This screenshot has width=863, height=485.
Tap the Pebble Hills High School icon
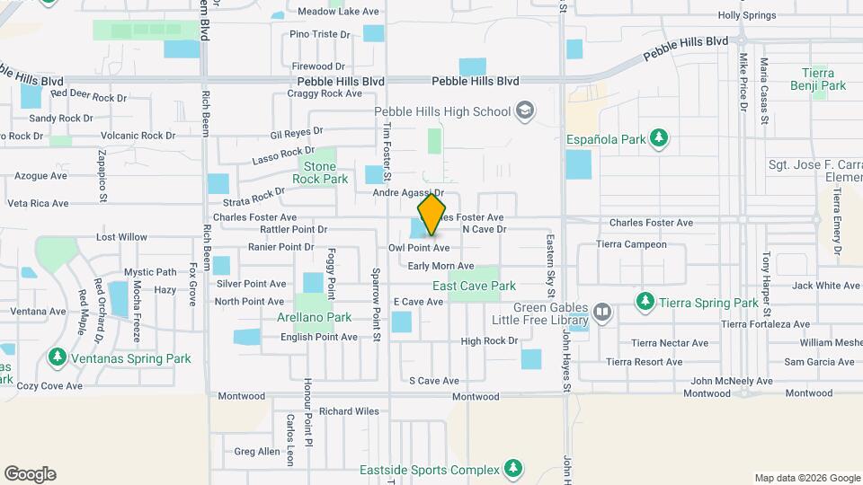click(x=524, y=111)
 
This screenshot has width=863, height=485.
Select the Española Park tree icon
click(x=660, y=138)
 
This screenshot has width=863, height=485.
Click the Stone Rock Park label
click(x=319, y=172)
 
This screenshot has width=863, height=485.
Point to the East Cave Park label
click(x=474, y=286)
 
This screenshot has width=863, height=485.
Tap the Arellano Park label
click(x=315, y=317)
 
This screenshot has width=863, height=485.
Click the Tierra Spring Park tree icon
click(x=644, y=303)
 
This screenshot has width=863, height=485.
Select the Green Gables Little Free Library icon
click(x=602, y=313)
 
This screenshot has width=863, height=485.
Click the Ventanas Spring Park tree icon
click(x=58, y=358)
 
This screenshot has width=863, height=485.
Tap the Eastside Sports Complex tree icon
click(x=512, y=469)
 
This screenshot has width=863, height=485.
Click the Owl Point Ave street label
click(x=419, y=247)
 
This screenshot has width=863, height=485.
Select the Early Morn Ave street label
click(x=440, y=266)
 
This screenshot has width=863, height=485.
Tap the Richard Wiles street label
click(x=349, y=411)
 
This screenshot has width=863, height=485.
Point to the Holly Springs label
click(x=747, y=15)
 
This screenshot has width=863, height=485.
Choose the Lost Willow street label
click(x=121, y=237)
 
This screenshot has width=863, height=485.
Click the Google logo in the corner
click(x=30, y=474)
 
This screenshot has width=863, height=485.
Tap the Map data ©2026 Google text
click(x=806, y=478)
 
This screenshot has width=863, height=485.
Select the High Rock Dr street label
click(x=489, y=341)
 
